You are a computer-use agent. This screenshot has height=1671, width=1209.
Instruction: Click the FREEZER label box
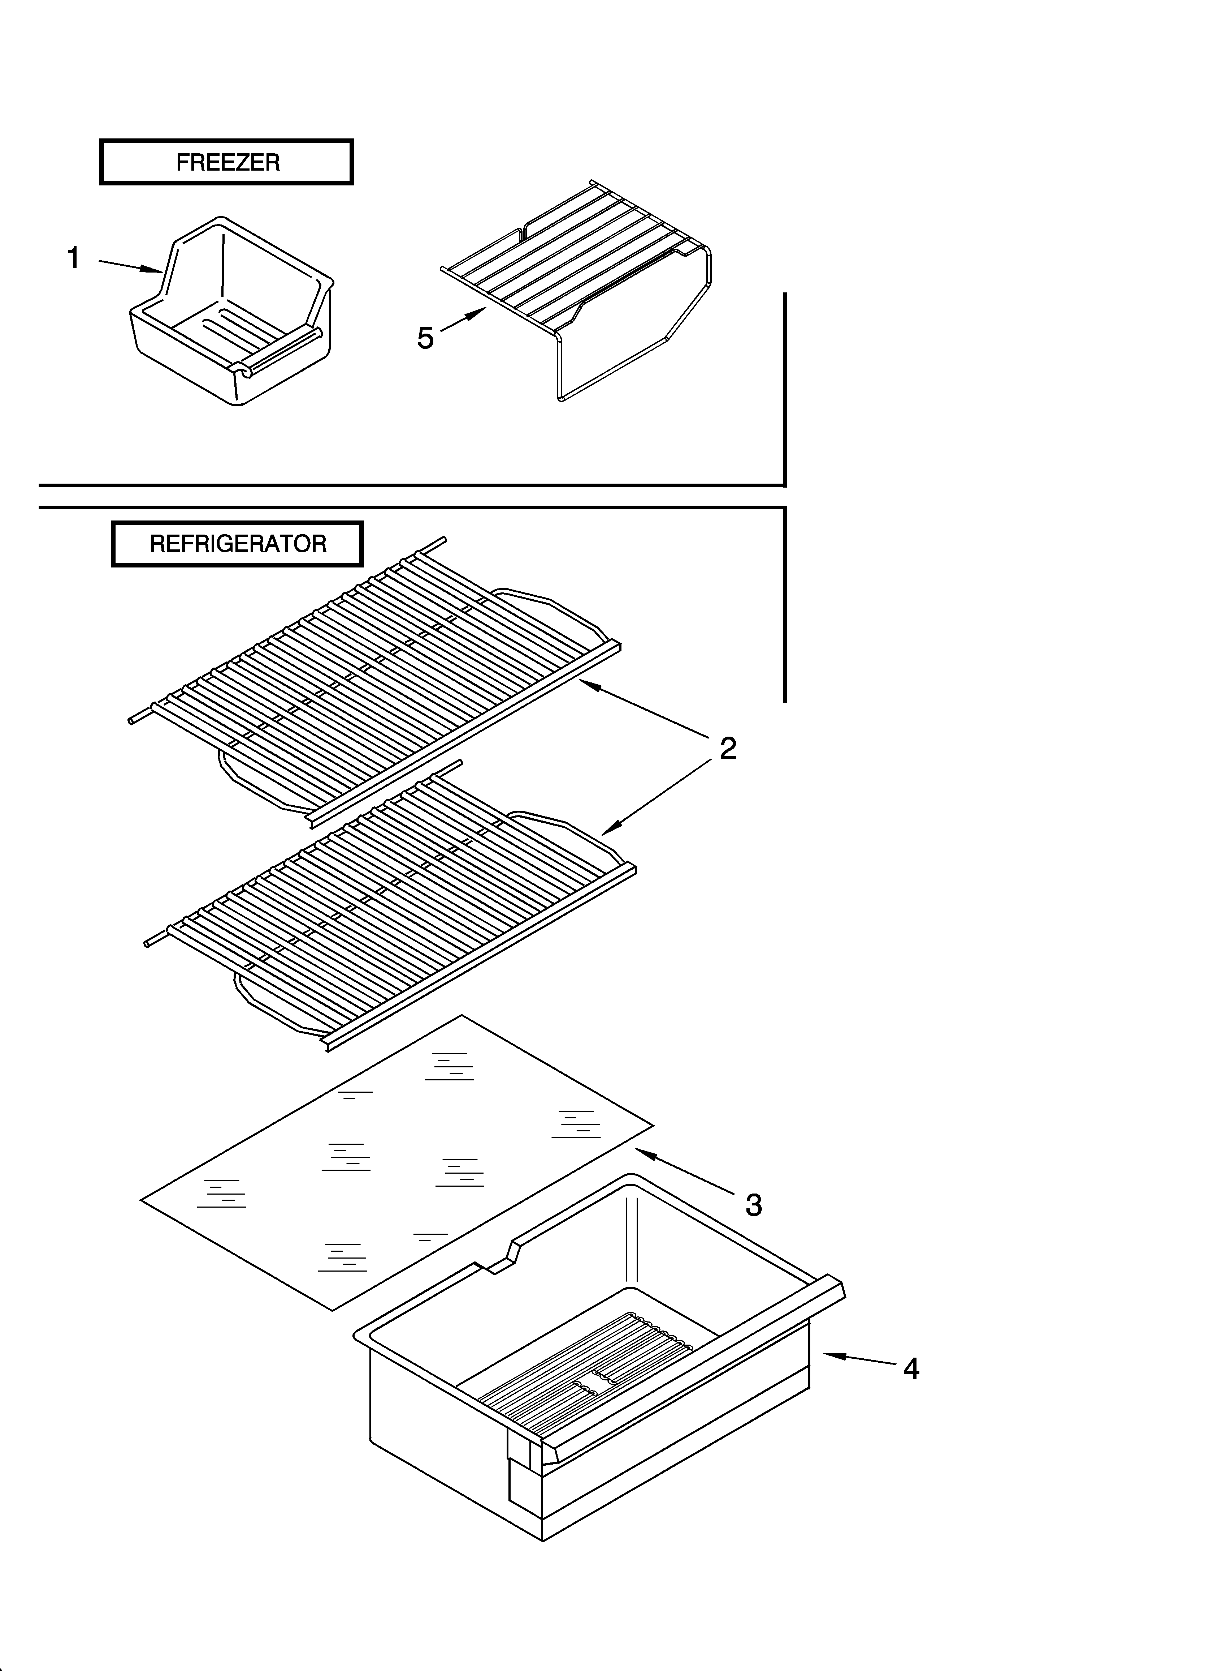point(227,162)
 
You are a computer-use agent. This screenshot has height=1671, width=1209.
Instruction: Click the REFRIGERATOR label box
point(237,544)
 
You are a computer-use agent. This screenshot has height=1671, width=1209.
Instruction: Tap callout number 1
point(74,258)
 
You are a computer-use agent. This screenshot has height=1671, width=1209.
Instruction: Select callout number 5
point(426,338)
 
